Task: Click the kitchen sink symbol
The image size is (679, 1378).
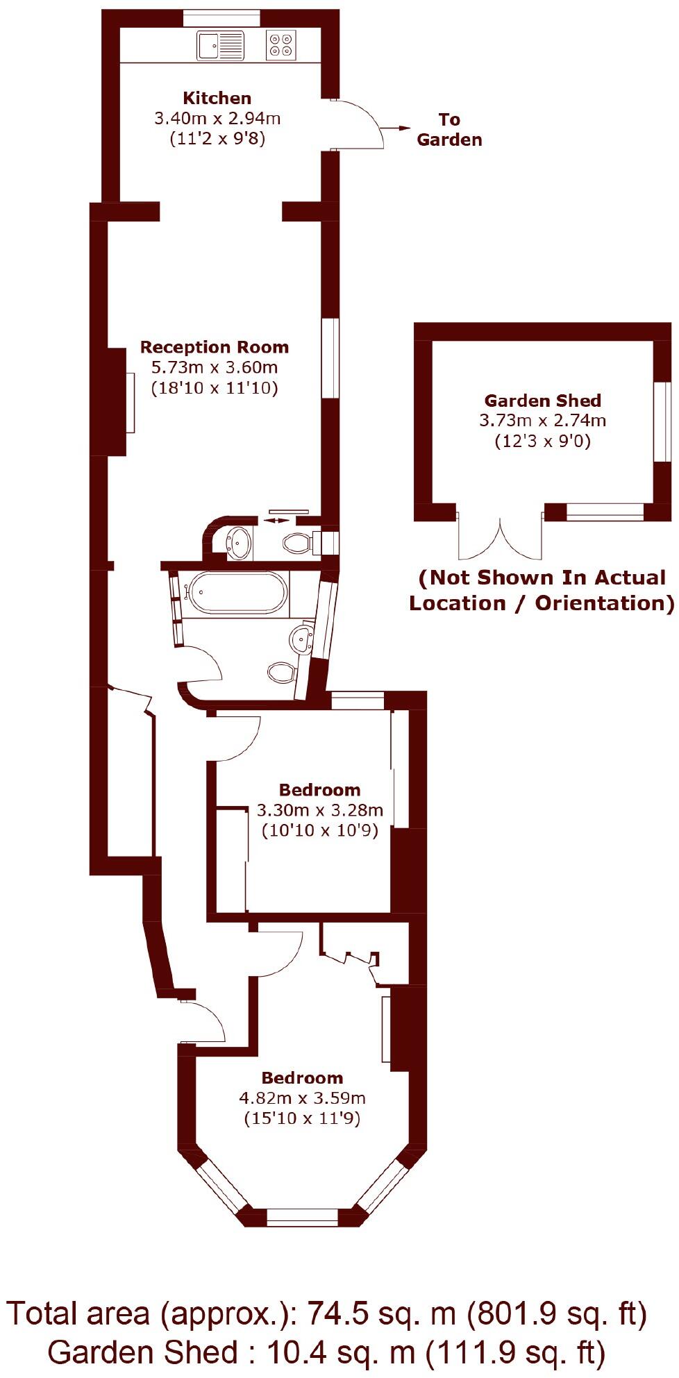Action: tap(221, 45)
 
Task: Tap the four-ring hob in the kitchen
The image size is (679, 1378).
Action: tap(281, 45)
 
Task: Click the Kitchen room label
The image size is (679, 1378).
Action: tap(217, 98)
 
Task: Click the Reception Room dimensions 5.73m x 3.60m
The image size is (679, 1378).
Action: tap(215, 367)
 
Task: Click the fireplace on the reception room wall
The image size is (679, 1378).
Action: tap(117, 402)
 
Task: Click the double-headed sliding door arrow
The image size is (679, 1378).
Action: tap(276, 520)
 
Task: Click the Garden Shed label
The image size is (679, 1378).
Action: tap(542, 401)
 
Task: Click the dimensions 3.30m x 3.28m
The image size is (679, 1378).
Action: tap(319, 809)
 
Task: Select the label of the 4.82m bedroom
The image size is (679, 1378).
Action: tap(302, 1078)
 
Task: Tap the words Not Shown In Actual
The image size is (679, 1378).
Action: tap(542, 578)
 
